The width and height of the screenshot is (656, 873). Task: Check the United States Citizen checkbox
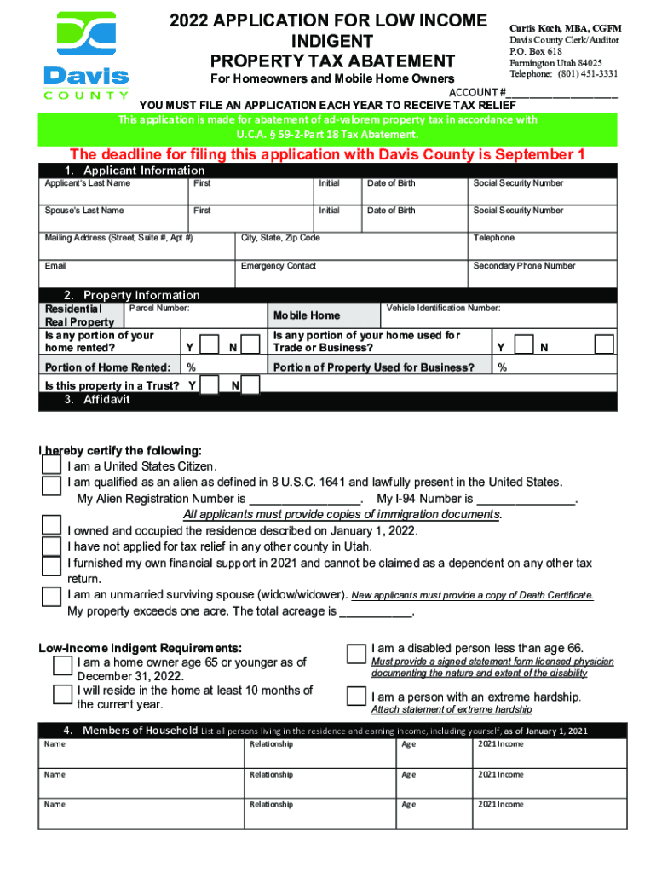tap(52, 465)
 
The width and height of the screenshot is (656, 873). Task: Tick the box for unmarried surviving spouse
tap(52, 595)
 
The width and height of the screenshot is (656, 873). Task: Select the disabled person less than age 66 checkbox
tap(356, 652)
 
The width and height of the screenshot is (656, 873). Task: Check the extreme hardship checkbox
tap(356, 696)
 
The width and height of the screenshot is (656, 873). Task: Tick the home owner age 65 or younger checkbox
tap(62, 665)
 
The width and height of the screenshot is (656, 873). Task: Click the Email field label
tap(55, 266)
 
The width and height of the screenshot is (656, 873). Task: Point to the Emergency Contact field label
tap(278, 266)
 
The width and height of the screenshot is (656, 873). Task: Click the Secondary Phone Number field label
tap(524, 266)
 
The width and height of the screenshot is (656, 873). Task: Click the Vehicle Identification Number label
tap(443, 308)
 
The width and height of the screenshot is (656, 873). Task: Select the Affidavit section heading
tap(97, 399)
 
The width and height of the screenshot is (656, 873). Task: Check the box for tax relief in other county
tap(52, 546)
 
